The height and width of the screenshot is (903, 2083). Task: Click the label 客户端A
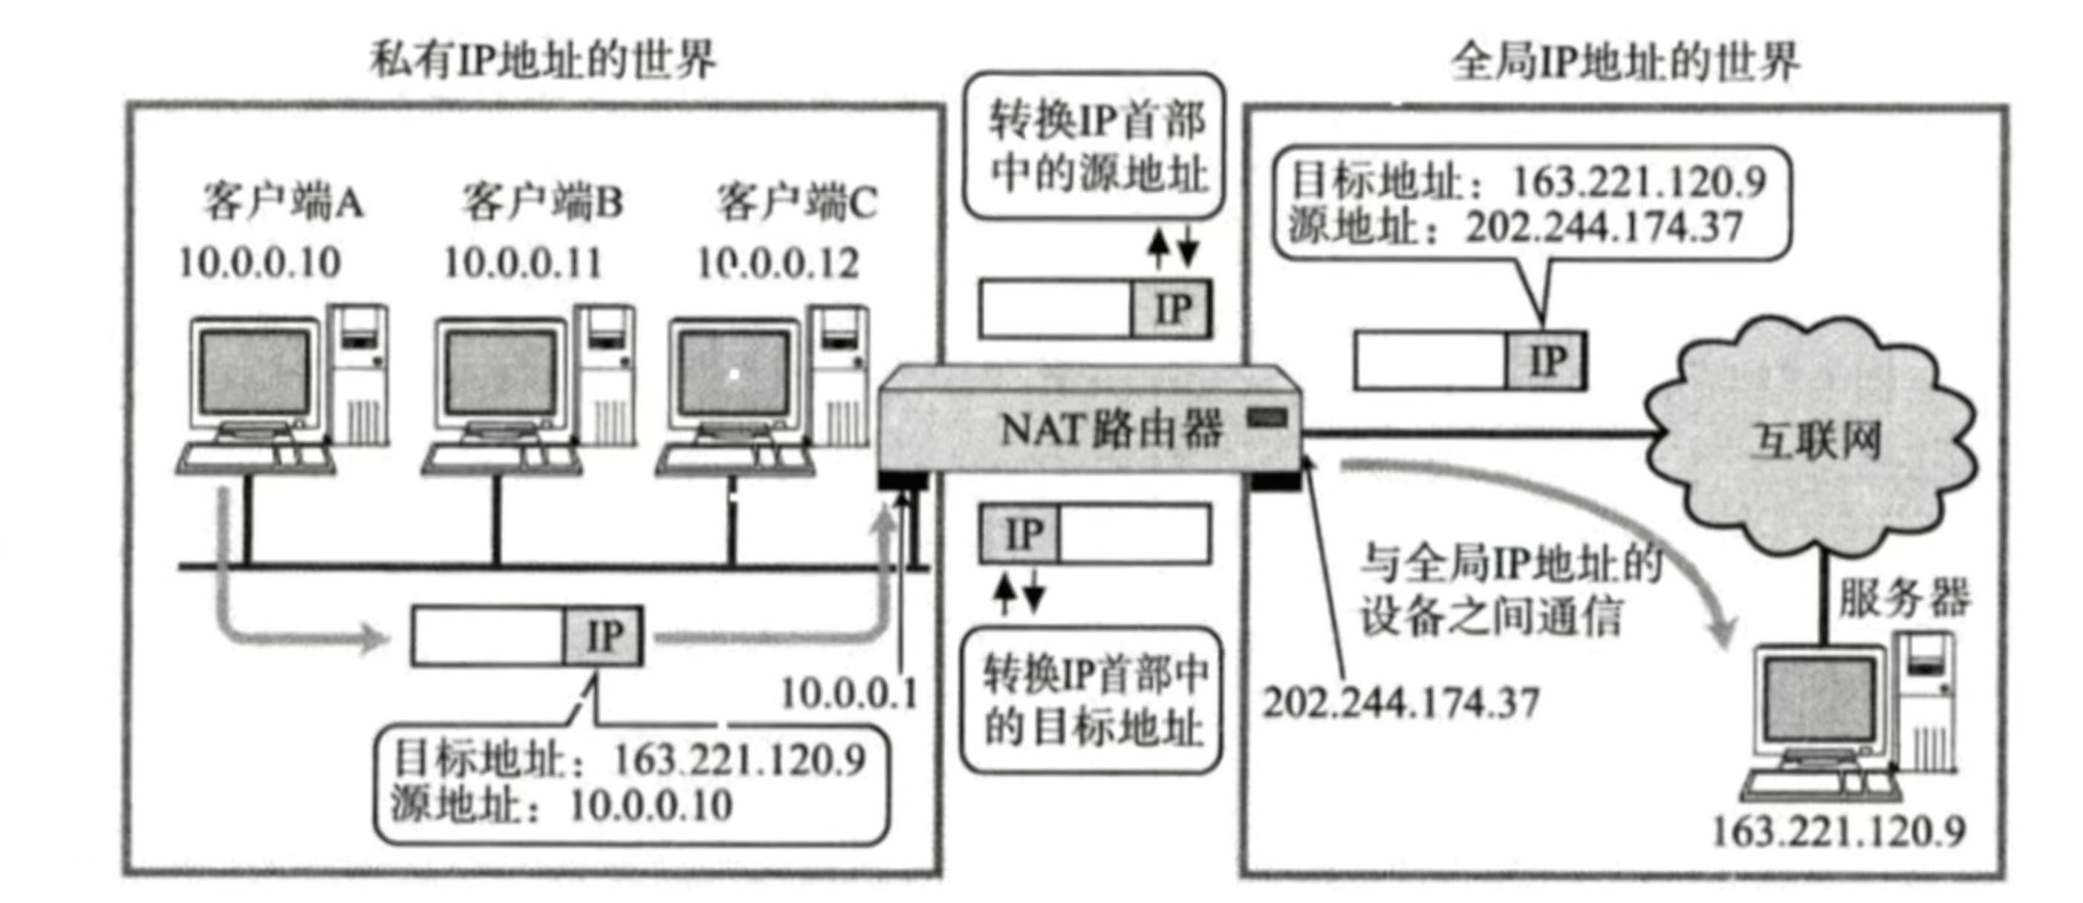click(x=283, y=201)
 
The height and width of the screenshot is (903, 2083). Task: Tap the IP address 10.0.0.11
click(x=523, y=264)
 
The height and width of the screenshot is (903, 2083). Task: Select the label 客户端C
click(x=796, y=201)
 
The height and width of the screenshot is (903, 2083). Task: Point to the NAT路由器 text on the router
click(x=1111, y=429)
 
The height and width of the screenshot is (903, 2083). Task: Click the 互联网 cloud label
click(x=1816, y=441)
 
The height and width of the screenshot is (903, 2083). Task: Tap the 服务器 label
click(x=1904, y=599)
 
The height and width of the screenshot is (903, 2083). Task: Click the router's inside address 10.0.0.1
click(x=849, y=694)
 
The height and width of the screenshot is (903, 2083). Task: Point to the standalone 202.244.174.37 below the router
click(x=1400, y=702)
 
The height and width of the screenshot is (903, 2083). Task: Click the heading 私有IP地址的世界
click(x=543, y=61)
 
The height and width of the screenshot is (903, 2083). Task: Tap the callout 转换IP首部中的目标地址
click(x=1094, y=700)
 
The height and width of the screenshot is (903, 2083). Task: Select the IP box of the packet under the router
click(x=1021, y=533)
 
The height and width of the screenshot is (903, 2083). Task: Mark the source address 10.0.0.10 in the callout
click(x=651, y=805)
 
